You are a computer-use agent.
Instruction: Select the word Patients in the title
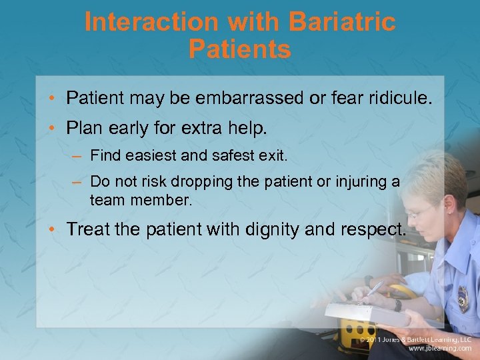click(x=240, y=49)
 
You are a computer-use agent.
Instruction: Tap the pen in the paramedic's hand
click(x=374, y=289)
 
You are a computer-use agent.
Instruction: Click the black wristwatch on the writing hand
click(x=398, y=304)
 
